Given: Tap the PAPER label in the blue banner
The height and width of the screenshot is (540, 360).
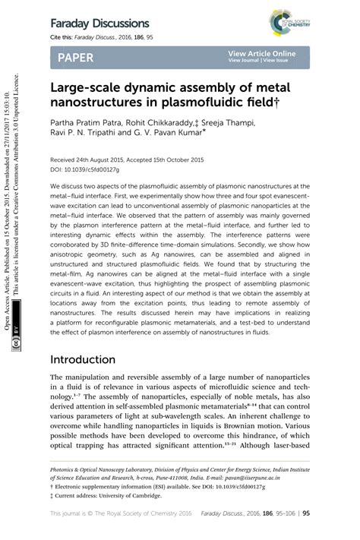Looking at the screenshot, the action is pos(74,58).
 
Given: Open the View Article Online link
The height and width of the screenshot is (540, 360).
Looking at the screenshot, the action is pos(261,54).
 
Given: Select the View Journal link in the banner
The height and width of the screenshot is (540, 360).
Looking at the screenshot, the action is pos(244,62).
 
